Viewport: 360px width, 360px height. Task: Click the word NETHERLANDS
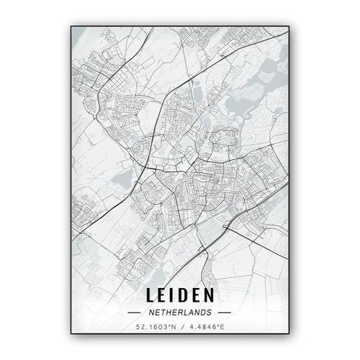179,313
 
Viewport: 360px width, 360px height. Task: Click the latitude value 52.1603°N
156,328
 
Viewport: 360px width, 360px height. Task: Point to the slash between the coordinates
180,328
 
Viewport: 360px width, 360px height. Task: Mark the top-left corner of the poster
71,25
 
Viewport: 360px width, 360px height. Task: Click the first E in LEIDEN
161,297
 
